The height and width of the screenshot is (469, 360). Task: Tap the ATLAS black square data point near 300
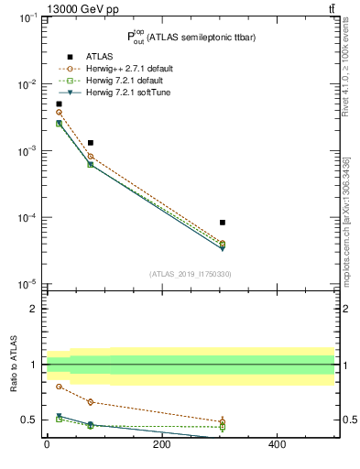(x=223, y=223)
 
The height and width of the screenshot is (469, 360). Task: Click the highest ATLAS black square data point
(x=59, y=104)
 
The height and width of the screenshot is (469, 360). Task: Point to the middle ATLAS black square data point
(x=91, y=143)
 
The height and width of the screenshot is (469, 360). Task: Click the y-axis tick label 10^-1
(x=27, y=17)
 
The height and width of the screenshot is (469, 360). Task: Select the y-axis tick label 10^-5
(x=27, y=285)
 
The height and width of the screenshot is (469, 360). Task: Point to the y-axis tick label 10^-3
(x=27, y=151)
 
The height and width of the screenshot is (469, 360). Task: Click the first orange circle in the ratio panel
(x=59, y=387)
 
